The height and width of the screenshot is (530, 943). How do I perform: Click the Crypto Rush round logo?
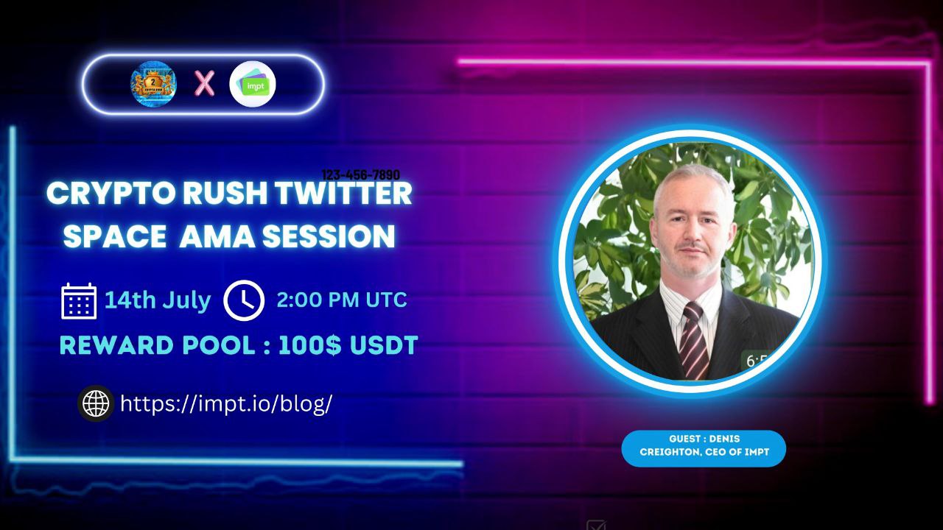coord(153,83)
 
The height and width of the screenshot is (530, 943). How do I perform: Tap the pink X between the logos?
coord(204,84)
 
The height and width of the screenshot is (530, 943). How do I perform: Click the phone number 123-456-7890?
coord(361,175)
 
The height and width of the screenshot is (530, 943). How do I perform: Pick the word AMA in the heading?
coord(213,237)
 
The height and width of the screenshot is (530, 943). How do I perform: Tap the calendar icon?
coord(79,300)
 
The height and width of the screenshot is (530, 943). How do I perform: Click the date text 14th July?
coord(157,300)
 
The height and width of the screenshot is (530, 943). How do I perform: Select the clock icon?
coord(244,300)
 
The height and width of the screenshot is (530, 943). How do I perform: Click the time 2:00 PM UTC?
coord(342,300)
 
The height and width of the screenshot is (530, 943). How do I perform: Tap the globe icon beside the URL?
coord(96,403)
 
